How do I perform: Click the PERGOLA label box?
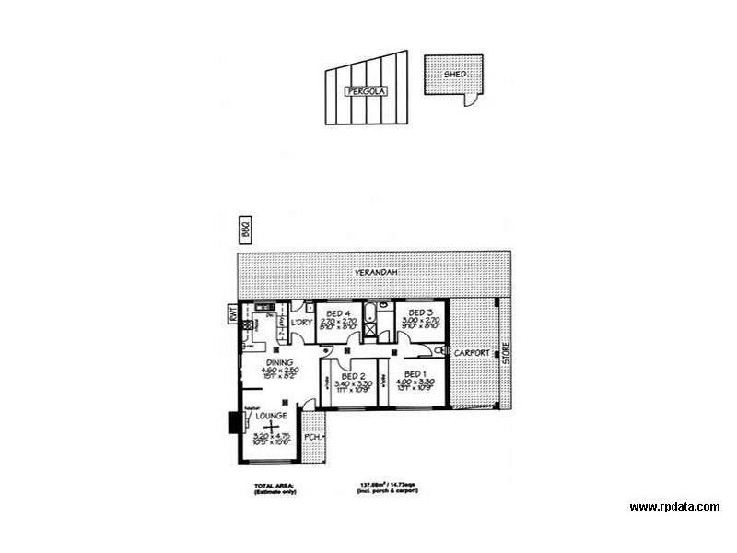(x=366, y=91)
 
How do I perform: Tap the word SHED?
(x=453, y=73)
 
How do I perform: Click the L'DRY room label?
(x=301, y=323)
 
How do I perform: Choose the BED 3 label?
(x=420, y=312)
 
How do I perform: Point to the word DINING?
(x=280, y=362)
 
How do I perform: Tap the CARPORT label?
(x=472, y=353)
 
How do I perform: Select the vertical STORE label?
(x=505, y=353)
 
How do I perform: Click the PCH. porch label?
(x=313, y=438)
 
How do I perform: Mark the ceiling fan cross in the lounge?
(x=268, y=426)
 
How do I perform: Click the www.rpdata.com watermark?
(x=674, y=507)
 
